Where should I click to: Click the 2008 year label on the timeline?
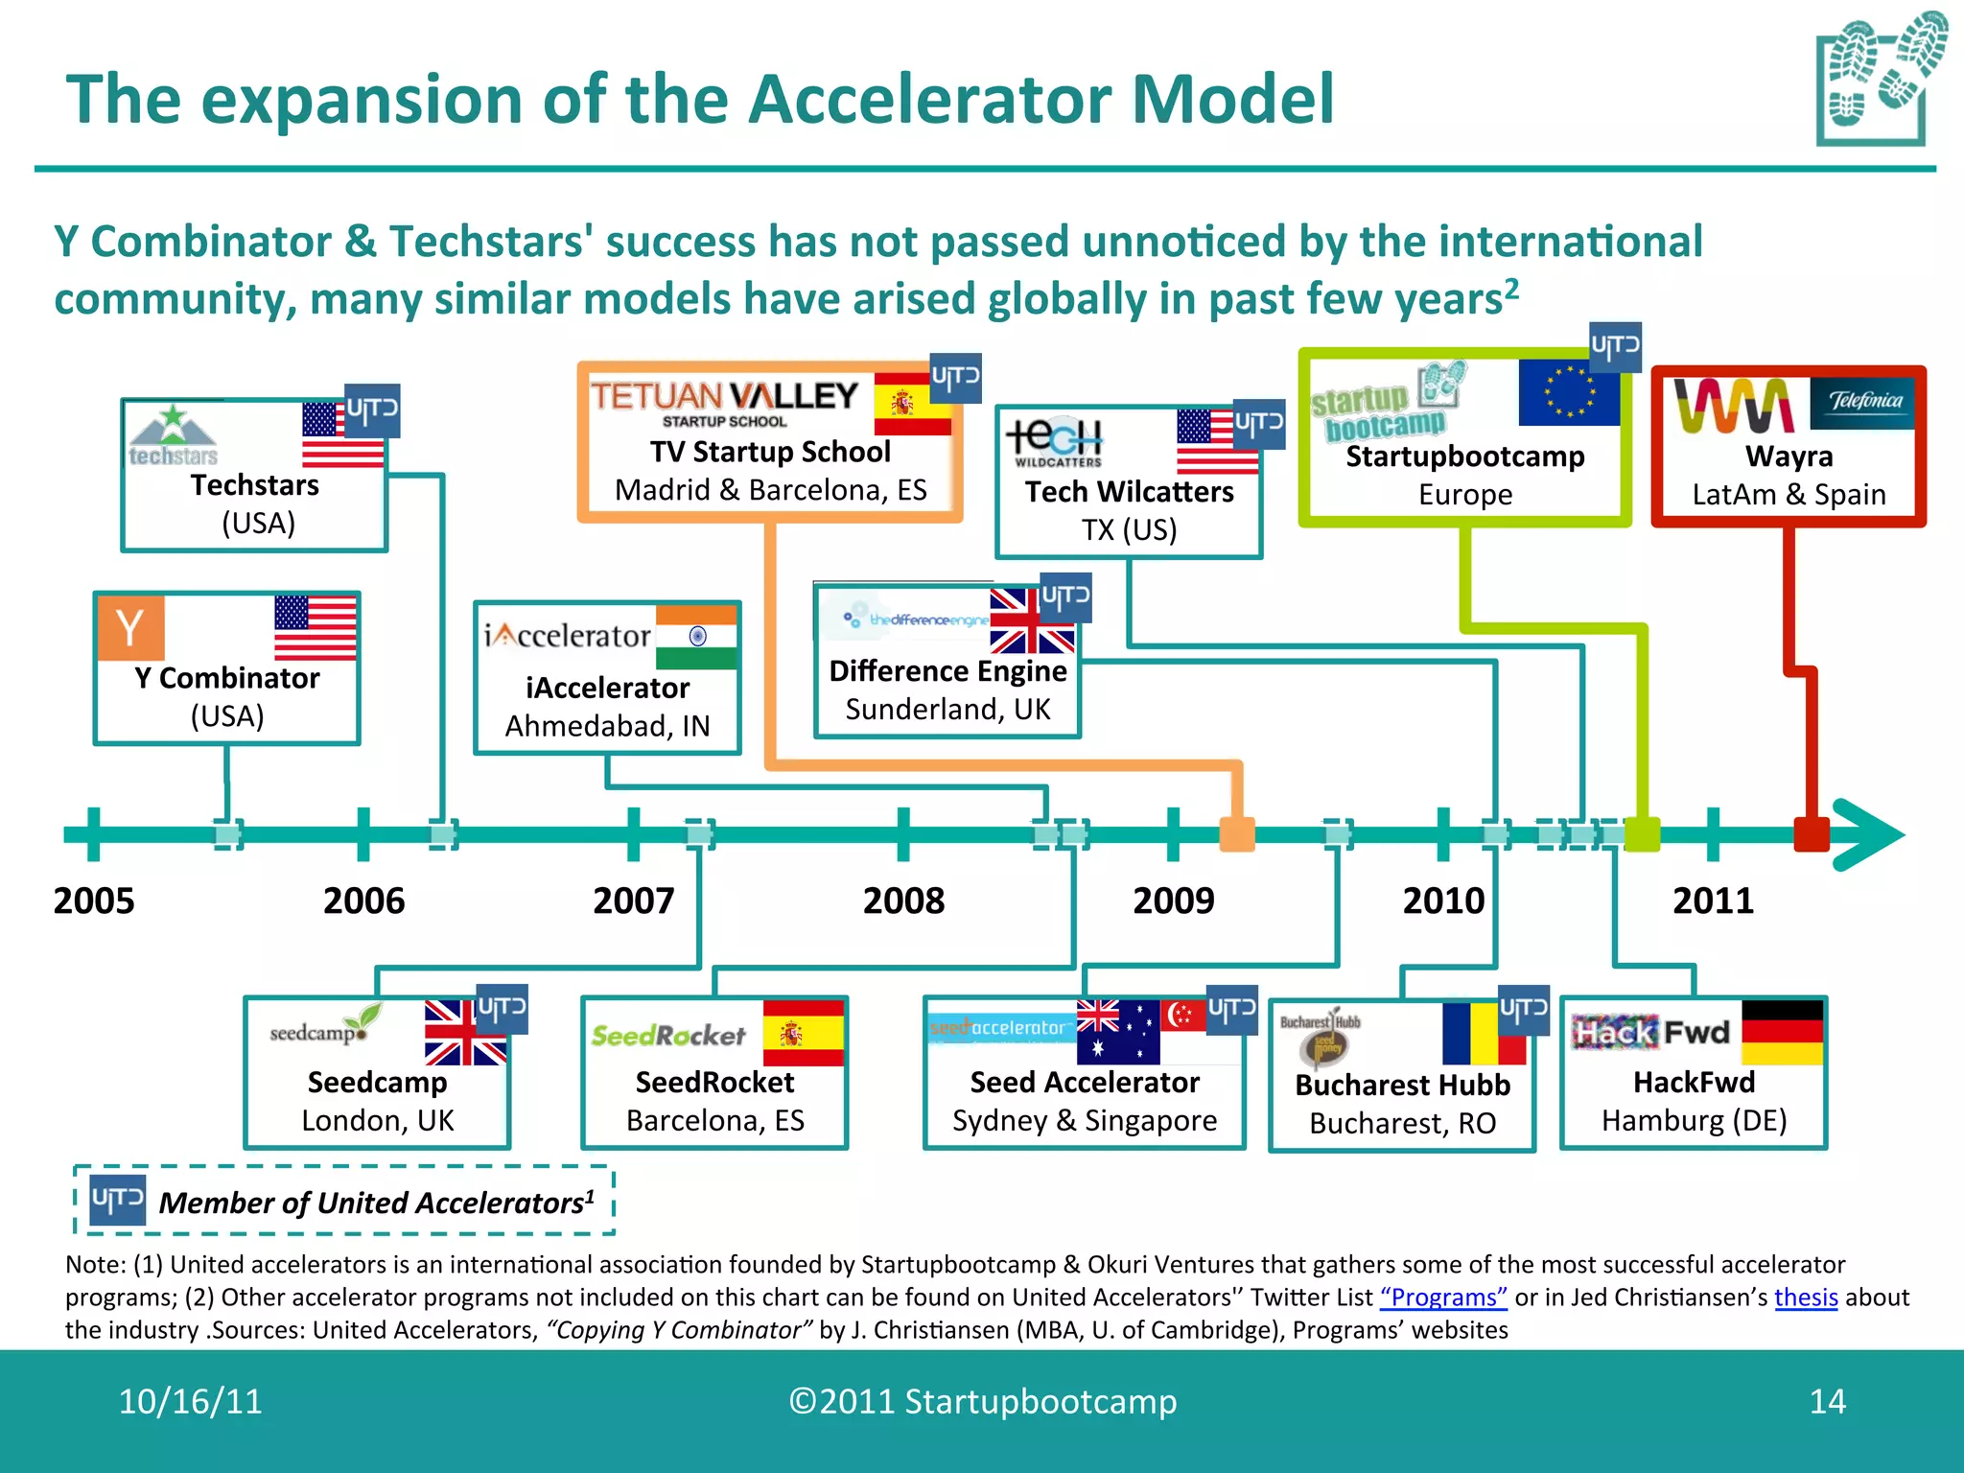tap(903, 900)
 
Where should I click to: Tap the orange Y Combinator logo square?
tap(131, 627)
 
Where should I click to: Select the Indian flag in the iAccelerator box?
tap(697, 636)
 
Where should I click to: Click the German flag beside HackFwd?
tap(1782, 1032)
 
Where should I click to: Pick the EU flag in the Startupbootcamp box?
tap(1567, 392)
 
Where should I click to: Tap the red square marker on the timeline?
tap(1811, 834)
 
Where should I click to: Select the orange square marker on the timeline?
tap(1237, 834)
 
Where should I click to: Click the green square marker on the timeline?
tap(1642, 834)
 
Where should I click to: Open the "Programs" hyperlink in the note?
tap(1443, 1298)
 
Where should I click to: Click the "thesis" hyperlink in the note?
tap(1806, 1298)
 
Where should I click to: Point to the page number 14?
tap(1827, 1402)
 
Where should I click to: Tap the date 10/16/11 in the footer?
tap(190, 1402)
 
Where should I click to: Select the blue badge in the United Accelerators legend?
tap(117, 1200)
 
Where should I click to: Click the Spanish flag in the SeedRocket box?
tap(803, 1033)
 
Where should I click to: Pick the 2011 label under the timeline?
tap(1713, 900)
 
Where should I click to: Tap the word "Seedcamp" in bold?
tap(377, 1083)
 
